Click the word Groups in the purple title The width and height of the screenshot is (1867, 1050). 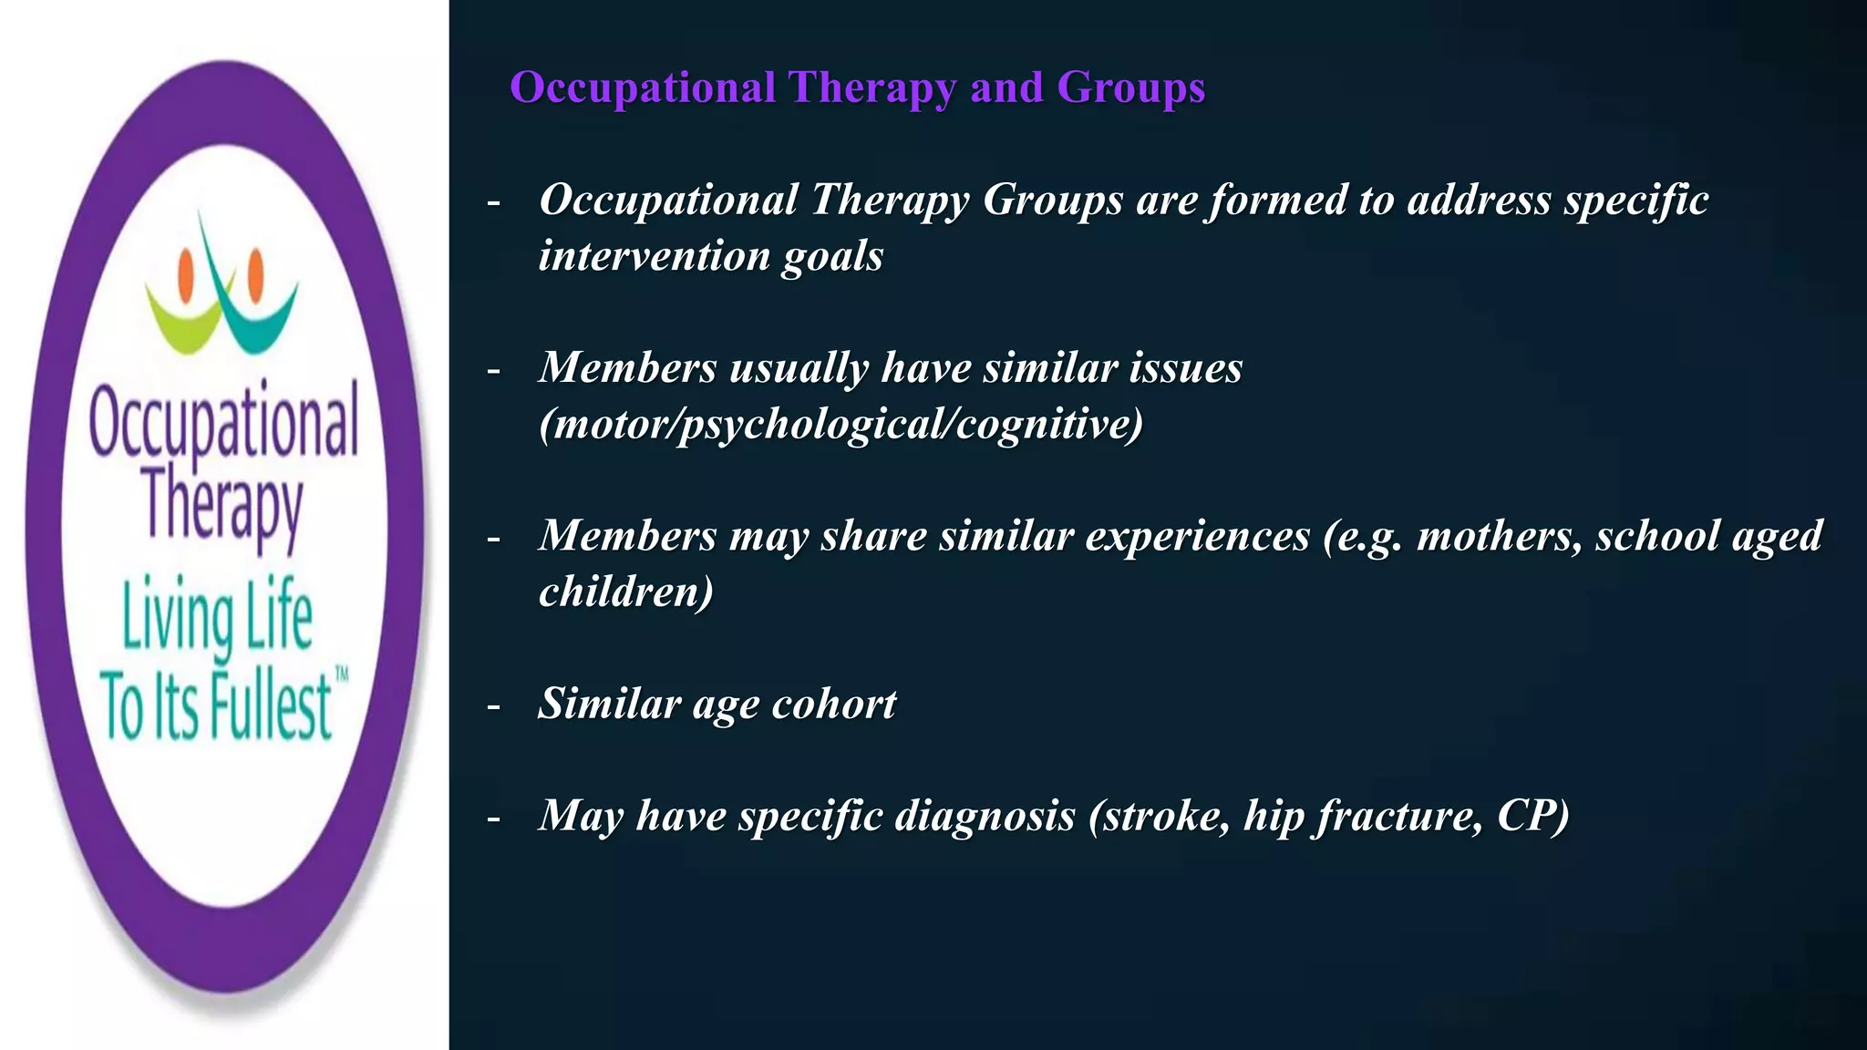point(1130,89)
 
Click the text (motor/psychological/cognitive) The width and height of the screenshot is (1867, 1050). point(841,425)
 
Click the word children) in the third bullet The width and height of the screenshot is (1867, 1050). point(625,592)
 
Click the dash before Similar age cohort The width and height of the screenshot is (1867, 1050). point(494,706)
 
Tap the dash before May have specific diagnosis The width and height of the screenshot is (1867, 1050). point(494,818)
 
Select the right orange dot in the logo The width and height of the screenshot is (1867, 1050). point(256,271)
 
